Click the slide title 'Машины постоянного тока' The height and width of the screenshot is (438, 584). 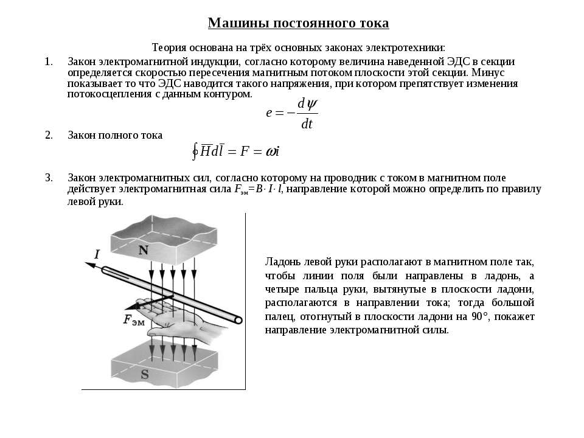[298, 23]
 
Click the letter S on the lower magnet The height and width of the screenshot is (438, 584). [145, 375]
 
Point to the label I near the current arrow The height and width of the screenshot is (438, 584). [96, 254]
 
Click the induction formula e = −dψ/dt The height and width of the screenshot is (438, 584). [292, 114]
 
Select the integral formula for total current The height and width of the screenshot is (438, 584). [235, 151]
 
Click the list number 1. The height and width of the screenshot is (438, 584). [49, 61]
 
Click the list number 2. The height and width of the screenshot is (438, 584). [49, 135]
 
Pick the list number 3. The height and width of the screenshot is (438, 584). [49, 178]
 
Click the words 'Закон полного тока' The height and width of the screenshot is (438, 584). [115, 135]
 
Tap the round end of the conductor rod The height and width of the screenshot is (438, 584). [238, 320]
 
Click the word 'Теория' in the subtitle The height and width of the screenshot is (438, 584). [168, 47]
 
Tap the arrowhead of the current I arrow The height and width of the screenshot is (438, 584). [86, 263]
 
